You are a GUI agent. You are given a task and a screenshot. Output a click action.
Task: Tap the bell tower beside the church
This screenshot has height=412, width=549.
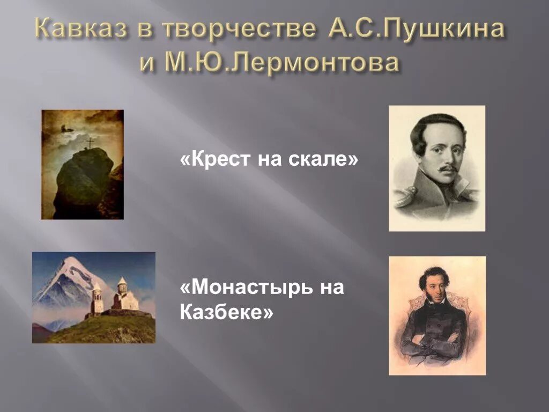coord(98,300)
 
